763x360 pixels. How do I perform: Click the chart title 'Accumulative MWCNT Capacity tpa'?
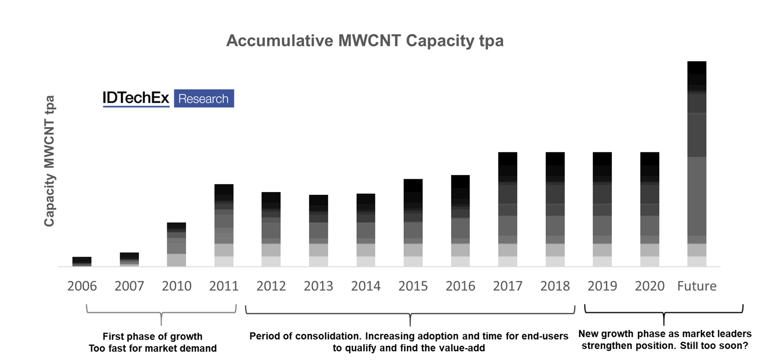click(x=365, y=41)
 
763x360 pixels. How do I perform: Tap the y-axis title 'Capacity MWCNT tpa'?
click(x=49, y=161)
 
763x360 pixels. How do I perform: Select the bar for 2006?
click(x=82, y=262)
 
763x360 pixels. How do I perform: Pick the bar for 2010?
click(x=177, y=245)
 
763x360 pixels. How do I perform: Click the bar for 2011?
click(x=224, y=225)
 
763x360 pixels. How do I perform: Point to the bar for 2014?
click(x=365, y=230)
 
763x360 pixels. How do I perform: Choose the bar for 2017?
click(x=508, y=209)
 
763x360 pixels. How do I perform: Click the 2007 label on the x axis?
click(x=129, y=286)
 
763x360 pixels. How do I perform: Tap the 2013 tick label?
click(x=318, y=286)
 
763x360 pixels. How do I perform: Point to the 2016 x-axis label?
click(x=460, y=286)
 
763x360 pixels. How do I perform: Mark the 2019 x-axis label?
click(x=602, y=286)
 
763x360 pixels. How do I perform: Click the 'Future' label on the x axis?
click(x=697, y=286)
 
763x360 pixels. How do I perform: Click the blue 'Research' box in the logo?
click(x=203, y=99)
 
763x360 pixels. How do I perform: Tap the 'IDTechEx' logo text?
click(x=136, y=98)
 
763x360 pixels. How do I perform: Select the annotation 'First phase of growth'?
click(x=153, y=336)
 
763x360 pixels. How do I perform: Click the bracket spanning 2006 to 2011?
click(x=161, y=312)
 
